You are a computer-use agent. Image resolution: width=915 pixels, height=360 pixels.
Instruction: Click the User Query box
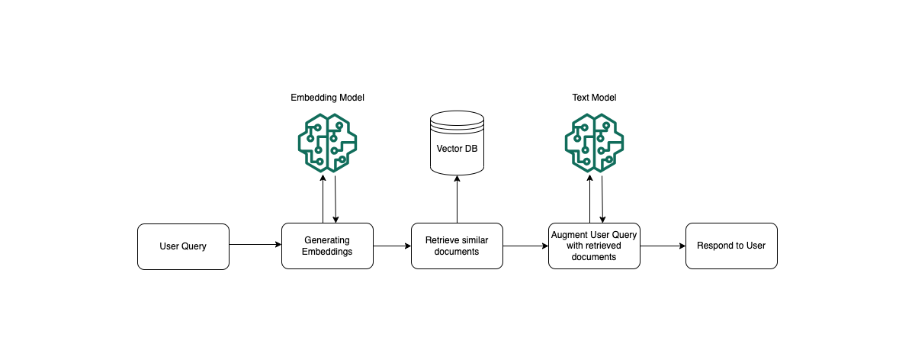pyautogui.click(x=183, y=246)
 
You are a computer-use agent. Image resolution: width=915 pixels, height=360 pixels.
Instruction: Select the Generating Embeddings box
pyautogui.click(x=327, y=246)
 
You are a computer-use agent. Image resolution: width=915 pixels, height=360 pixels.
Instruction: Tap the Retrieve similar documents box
pyautogui.click(x=457, y=246)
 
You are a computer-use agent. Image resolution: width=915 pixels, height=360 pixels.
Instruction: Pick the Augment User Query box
pyautogui.click(x=594, y=246)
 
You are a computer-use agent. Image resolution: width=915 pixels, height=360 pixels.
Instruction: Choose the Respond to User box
pyautogui.click(x=731, y=246)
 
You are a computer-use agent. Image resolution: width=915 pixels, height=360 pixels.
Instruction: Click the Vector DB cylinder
pyautogui.click(x=457, y=142)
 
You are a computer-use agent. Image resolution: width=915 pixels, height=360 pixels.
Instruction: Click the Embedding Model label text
pyautogui.click(x=327, y=98)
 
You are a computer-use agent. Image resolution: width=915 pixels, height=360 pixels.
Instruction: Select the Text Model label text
pyautogui.click(x=594, y=98)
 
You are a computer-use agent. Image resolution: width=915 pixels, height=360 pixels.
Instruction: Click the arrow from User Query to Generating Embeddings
pyautogui.click(x=255, y=245)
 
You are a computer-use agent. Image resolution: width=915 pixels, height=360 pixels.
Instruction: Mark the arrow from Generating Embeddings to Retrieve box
pyautogui.click(x=392, y=246)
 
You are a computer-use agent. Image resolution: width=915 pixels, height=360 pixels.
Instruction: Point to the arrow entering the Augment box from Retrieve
pyautogui.click(x=525, y=246)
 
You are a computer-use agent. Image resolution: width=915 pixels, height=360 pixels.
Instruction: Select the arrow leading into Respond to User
pyautogui.click(x=663, y=246)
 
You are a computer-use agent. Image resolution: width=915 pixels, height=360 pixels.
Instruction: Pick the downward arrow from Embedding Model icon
pyautogui.click(x=336, y=200)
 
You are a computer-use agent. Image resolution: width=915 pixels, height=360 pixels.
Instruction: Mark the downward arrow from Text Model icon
pyautogui.click(x=603, y=200)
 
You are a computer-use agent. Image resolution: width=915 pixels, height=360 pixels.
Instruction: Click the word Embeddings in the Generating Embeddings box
pyautogui.click(x=327, y=252)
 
